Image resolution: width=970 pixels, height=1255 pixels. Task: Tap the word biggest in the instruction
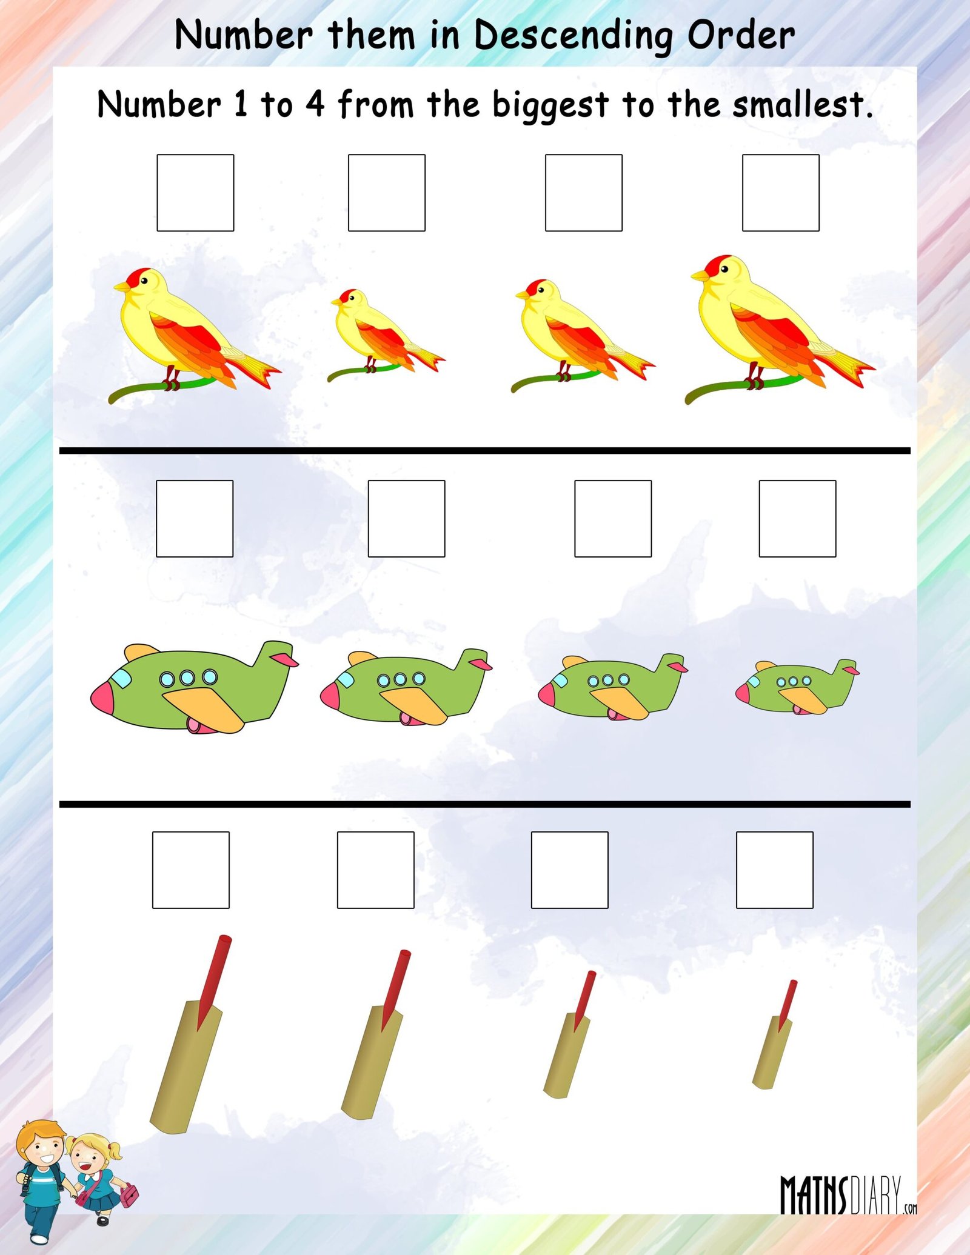pos(550,105)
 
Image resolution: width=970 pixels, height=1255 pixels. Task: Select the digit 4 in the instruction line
pos(315,104)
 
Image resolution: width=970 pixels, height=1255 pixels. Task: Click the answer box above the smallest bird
pos(386,193)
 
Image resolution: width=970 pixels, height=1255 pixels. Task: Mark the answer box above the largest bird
pos(780,193)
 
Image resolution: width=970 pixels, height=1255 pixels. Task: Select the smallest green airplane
pos(797,686)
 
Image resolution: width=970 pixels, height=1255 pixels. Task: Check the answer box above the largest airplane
pos(195,519)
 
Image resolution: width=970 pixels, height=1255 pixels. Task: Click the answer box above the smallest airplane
pos(797,519)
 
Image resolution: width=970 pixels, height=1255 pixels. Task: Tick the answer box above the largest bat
pos(190,870)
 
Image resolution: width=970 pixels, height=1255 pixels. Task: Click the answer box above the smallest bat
pos(774,870)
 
